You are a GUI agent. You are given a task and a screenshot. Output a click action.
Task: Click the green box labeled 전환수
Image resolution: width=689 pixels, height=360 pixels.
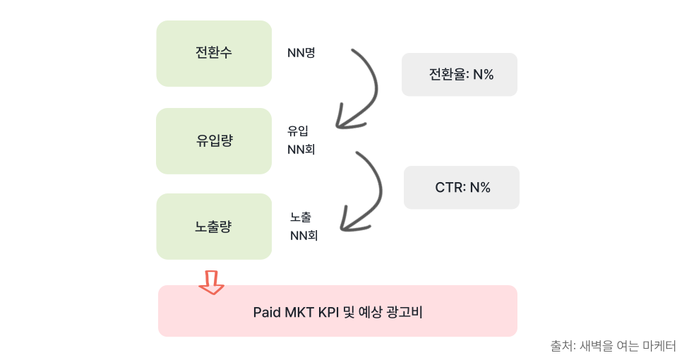[x=214, y=54]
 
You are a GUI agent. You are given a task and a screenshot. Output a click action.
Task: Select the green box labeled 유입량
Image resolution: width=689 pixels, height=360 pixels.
[x=214, y=140]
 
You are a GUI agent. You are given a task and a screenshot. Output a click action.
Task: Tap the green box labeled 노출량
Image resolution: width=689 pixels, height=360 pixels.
[x=214, y=227]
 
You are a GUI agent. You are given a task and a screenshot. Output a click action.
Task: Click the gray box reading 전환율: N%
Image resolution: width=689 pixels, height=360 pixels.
[x=460, y=74]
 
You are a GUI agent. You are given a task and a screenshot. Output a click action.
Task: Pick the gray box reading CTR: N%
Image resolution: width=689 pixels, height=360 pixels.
[x=462, y=188]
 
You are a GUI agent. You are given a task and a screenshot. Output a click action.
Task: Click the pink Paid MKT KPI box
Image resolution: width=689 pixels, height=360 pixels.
[x=337, y=311]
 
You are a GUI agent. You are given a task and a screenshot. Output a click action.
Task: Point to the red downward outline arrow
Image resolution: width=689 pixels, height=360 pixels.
[x=211, y=280]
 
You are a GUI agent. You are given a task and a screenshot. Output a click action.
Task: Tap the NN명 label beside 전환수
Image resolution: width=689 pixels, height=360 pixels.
[x=301, y=52]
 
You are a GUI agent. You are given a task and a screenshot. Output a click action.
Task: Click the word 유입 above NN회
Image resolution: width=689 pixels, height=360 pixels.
[x=297, y=131]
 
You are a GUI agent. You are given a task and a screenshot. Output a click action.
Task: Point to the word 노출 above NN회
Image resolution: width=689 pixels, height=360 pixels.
[x=300, y=217]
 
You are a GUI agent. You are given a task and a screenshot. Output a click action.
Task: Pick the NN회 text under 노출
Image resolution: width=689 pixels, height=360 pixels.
[x=304, y=236]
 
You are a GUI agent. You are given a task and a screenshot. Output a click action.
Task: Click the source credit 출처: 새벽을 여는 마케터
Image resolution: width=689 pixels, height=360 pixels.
[x=613, y=346]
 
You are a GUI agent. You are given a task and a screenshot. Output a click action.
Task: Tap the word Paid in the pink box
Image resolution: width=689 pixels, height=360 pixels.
[x=267, y=311]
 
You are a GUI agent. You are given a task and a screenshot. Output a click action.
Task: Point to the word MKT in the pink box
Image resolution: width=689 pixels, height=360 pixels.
[x=296, y=311]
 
